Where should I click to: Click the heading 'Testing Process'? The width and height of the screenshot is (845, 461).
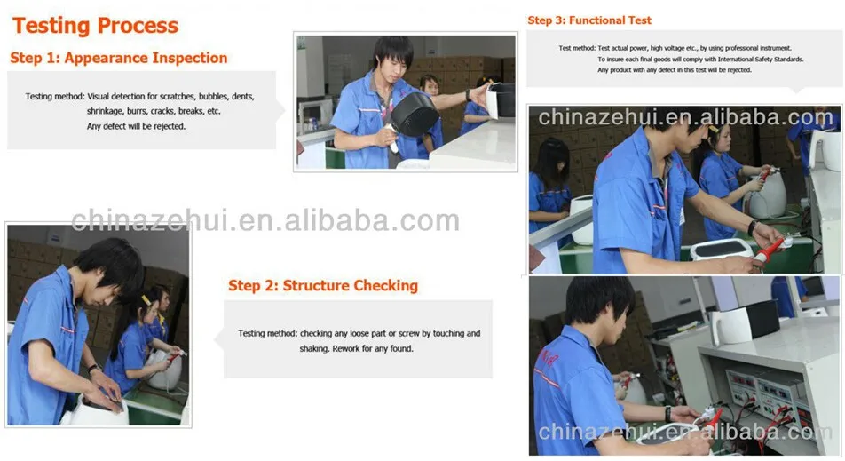(x=95, y=26)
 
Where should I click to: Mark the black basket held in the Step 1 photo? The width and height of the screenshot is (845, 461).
(x=415, y=113)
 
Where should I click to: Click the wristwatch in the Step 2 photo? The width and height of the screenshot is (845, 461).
(x=94, y=369)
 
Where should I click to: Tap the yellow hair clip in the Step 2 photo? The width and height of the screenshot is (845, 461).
(x=146, y=300)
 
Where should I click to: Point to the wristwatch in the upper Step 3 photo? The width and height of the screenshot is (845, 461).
(x=752, y=227)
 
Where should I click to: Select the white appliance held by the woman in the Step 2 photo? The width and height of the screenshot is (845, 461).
(x=165, y=370)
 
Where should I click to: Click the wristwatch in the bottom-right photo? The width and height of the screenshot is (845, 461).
(x=668, y=414)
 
